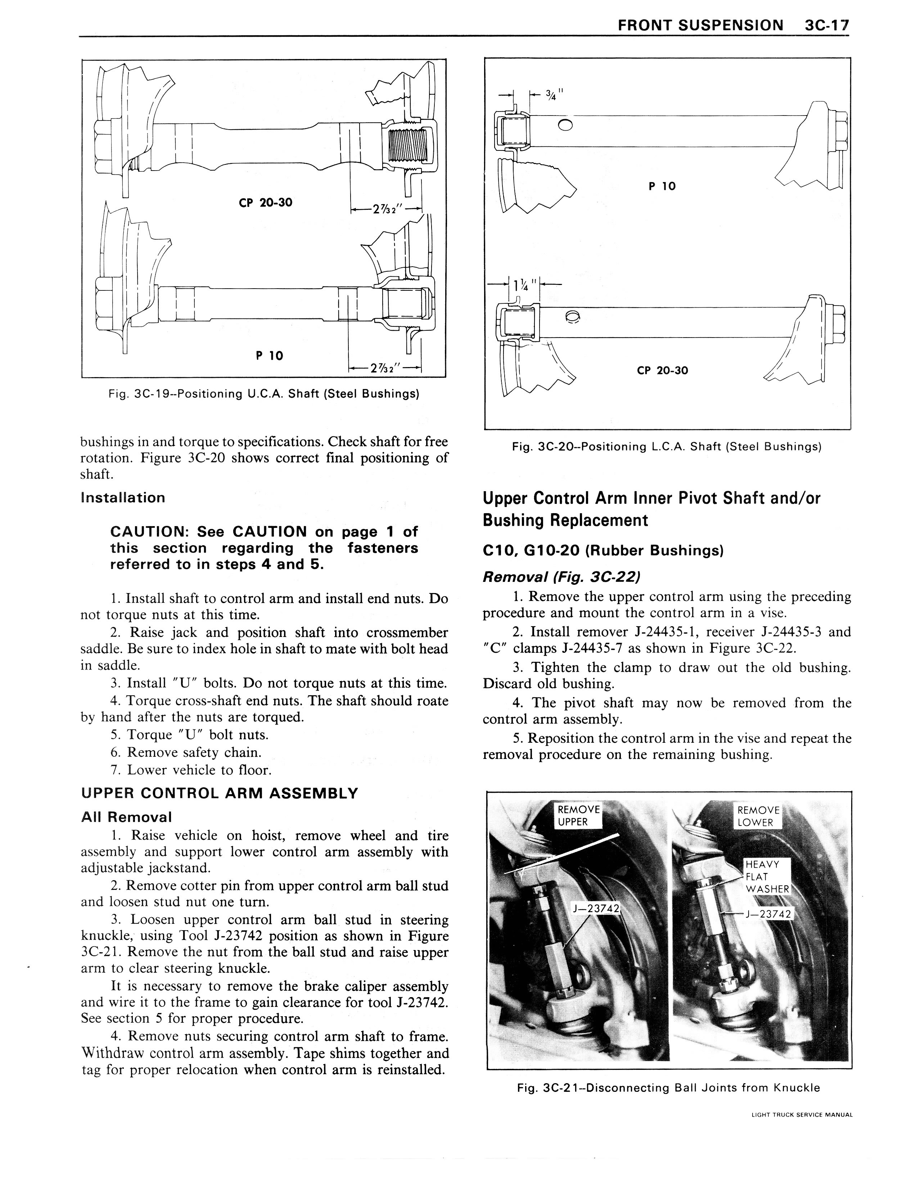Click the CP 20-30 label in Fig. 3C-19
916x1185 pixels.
point(265,202)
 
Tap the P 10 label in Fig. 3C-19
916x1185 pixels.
point(269,356)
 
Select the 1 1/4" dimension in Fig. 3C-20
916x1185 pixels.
point(526,284)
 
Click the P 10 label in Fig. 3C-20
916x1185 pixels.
point(662,186)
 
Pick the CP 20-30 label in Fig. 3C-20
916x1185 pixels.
point(662,371)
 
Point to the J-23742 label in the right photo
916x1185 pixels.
point(770,914)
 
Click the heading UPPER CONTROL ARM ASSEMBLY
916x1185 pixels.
point(219,793)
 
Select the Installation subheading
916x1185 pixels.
point(123,498)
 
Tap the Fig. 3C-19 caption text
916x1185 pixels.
point(264,393)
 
